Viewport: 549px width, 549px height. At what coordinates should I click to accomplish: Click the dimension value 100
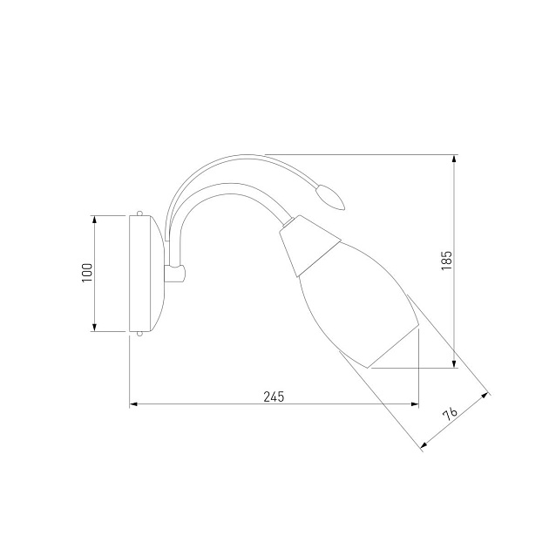87,273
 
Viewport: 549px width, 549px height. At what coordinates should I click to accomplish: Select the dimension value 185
447,261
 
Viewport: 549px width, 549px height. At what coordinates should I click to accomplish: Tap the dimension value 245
274,396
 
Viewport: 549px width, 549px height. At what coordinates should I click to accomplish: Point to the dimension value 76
450,414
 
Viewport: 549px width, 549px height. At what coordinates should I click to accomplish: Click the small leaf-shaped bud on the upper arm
330,197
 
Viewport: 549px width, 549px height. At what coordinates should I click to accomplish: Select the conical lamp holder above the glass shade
309,246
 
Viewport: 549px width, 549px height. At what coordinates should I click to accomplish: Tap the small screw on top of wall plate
139,213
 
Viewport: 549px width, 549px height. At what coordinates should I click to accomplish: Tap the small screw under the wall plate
139,334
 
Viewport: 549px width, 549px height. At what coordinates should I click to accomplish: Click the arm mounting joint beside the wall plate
174,273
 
